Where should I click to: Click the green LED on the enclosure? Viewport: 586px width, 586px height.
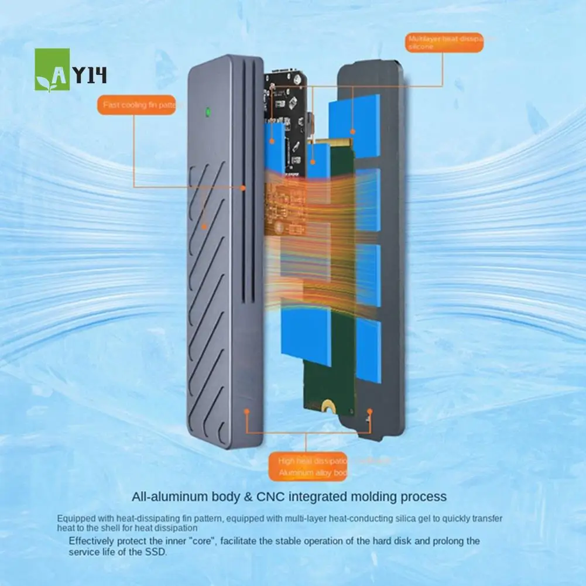(x=206, y=111)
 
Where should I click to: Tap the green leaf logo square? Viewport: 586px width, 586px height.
(x=52, y=69)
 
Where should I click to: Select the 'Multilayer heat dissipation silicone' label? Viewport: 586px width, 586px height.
(x=445, y=42)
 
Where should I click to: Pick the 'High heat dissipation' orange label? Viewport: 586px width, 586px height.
(x=309, y=466)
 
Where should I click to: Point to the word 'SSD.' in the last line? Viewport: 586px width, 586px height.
(x=155, y=552)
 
